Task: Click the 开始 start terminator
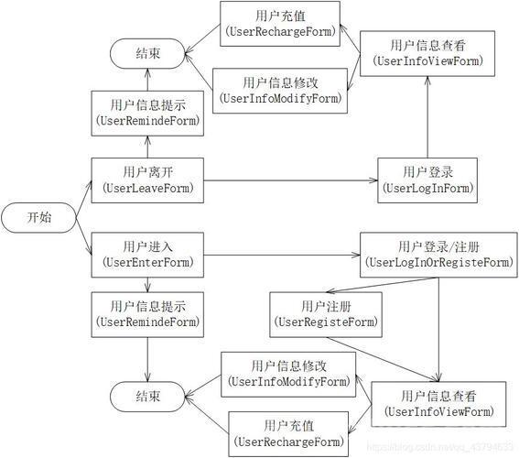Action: [x=38, y=218]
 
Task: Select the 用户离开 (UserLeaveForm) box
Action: [x=147, y=180]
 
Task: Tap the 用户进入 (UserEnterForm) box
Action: [x=147, y=255]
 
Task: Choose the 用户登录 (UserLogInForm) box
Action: [x=427, y=180]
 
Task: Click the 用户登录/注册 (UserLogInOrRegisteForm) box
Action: [x=438, y=255]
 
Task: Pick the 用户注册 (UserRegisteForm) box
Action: [x=326, y=314]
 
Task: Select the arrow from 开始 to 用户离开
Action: [x=83, y=199]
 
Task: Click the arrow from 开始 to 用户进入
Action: [x=83, y=236]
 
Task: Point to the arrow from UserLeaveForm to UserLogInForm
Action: [x=290, y=180]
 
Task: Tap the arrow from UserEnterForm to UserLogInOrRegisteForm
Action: [x=282, y=255]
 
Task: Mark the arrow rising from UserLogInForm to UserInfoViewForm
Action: [x=427, y=117]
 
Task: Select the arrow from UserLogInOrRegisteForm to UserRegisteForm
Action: [x=383, y=285]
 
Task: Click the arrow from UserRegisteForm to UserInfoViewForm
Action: [x=383, y=359]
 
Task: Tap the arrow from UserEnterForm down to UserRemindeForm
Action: [x=147, y=285]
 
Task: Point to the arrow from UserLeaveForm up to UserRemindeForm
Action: [x=147, y=147]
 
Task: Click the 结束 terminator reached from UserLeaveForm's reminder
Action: [x=147, y=53]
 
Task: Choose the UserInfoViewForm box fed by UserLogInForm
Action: [x=427, y=53]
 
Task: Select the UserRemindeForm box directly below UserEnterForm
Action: [x=147, y=314]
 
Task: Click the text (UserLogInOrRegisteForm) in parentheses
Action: [x=438, y=263]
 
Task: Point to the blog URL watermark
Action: [x=440, y=447]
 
